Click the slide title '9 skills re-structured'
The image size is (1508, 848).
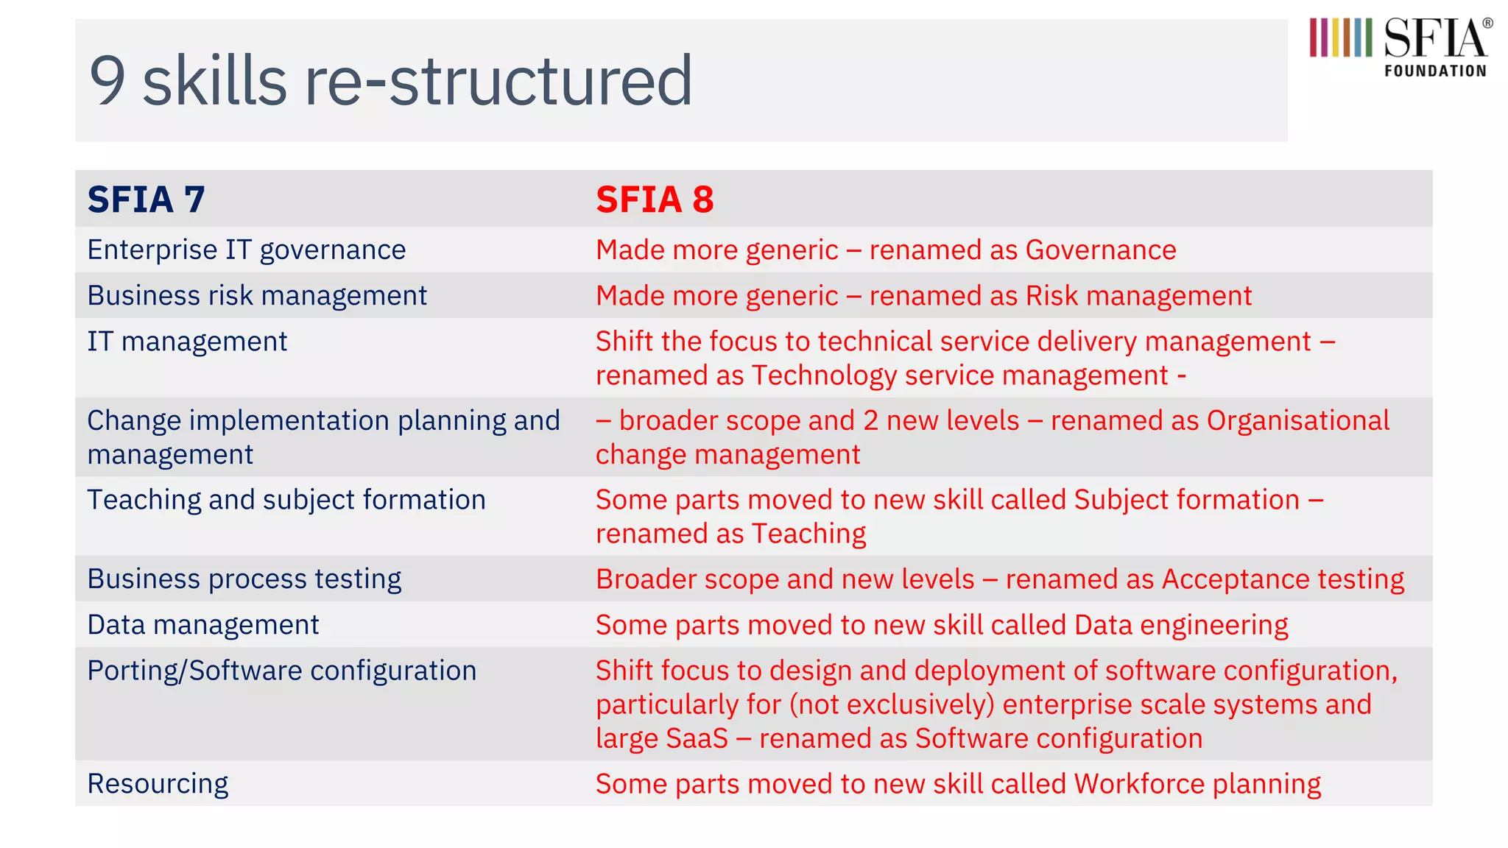390,80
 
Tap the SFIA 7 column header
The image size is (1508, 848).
146,199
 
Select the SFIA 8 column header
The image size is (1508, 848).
655,199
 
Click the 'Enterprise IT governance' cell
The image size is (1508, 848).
246,250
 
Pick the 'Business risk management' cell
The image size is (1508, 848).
257,296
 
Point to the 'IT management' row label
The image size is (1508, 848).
187,342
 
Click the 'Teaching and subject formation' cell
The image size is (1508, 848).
286,500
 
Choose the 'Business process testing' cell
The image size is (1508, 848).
244,579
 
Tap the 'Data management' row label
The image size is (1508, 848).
203,625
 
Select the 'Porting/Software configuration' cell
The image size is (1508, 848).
282,671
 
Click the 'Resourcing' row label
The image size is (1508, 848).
158,784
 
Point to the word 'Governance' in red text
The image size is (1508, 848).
1101,250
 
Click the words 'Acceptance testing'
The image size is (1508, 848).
1283,579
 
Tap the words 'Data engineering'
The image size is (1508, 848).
1181,625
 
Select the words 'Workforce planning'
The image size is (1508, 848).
1197,784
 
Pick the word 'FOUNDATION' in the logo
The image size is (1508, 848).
1435,71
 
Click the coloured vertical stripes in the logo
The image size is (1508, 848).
1340,38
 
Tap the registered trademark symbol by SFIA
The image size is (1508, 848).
1487,24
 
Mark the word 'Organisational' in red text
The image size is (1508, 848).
1297,421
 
